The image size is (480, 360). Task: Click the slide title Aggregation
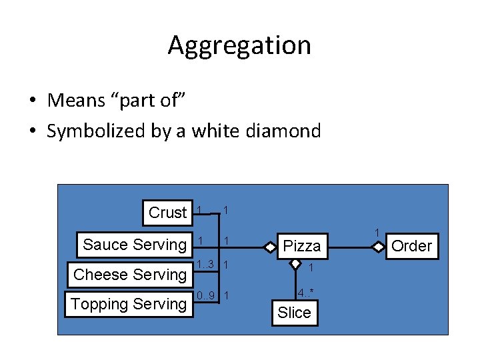(239, 45)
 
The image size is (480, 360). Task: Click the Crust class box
(167, 213)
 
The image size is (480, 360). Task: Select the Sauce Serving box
(134, 245)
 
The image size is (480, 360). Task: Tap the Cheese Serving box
(129, 274)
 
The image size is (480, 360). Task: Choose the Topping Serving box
(129, 304)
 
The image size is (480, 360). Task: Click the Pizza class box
(302, 246)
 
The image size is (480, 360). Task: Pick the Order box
(411, 246)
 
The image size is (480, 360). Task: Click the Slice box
(294, 313)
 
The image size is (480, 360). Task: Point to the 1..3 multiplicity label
(205, 264)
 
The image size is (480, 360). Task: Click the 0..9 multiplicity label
(205, 295)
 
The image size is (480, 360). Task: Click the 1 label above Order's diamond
(377, 233)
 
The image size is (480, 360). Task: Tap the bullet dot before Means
(32, 101)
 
